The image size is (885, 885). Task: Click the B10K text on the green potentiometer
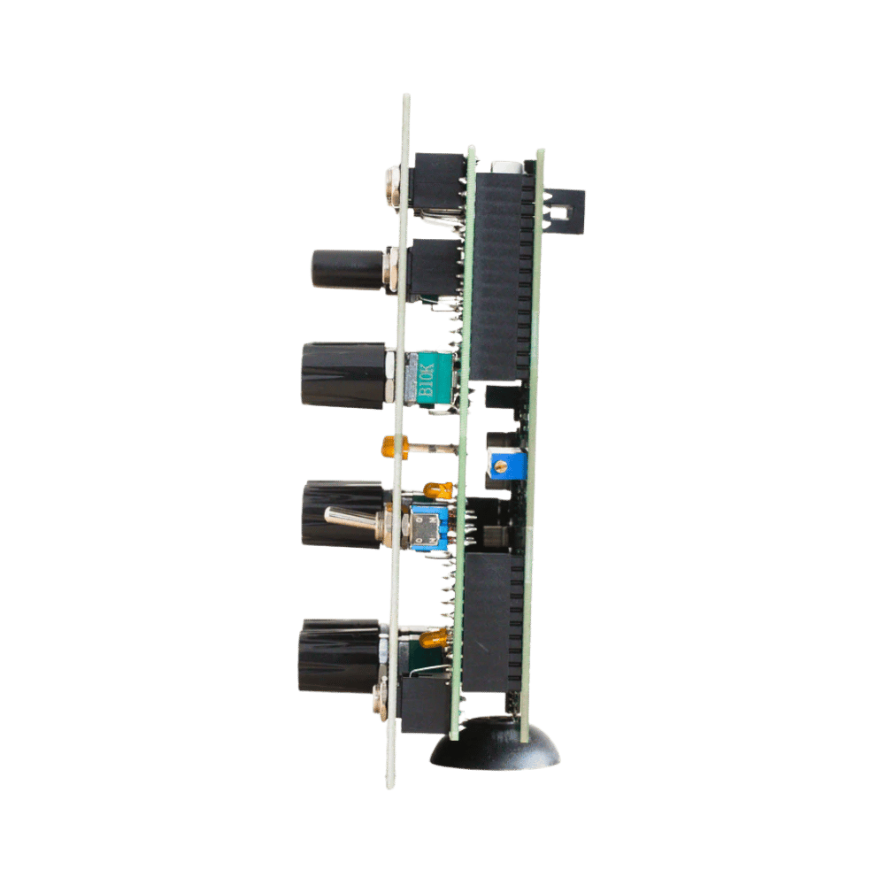click(x=427, y=380)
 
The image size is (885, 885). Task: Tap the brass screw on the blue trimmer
click(x=499, y=466)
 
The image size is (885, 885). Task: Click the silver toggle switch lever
click(x=354, y=518)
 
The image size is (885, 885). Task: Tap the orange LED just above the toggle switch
click(x=437, y=490)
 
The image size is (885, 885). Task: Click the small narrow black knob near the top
click(x=348, y=269)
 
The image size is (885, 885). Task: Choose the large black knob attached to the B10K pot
click(x=344, y=374)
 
